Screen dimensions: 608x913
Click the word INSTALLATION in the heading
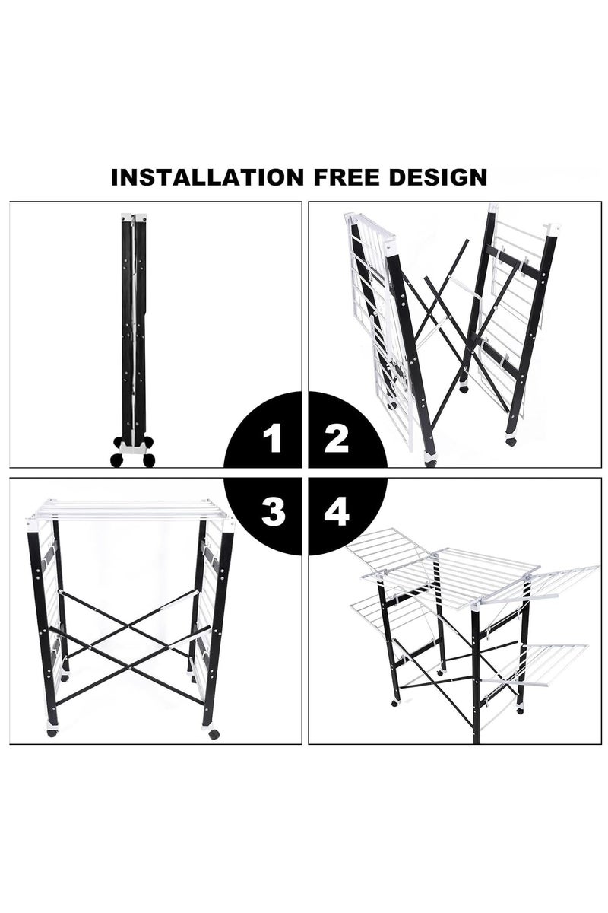point(207,177)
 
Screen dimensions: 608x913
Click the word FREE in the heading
point(346,177)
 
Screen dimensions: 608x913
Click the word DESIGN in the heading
point(438,177)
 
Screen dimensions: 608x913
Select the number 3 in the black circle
point(274,513)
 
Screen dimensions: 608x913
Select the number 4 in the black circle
point(337,513)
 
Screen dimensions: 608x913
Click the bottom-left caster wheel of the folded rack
point(116,460)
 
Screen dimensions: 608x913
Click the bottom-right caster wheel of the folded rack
point(149,460)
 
